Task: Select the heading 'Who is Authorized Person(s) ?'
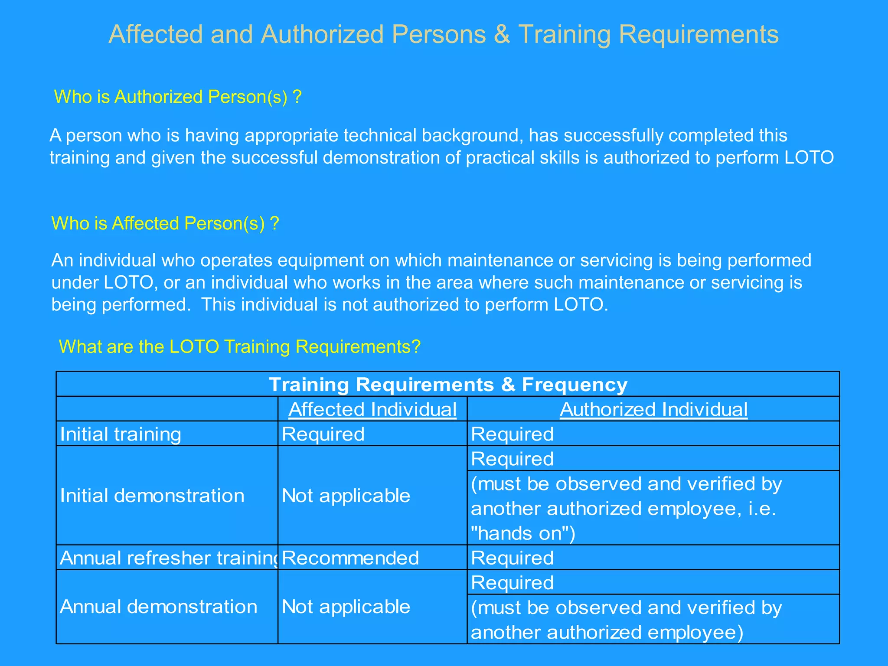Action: click(x=177, y=97)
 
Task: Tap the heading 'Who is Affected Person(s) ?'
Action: click(x=165, y=223)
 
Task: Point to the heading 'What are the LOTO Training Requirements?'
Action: click(x=240, y=347)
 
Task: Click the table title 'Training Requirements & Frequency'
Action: click(x=448, y=385)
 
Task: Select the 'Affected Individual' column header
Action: click(x=372, y=409)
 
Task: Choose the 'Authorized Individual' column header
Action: click(x=653, y=409)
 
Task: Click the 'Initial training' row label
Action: click(x=121, y=434)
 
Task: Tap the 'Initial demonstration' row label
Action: click(x=152, y=496)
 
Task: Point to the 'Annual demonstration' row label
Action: click(x=159, y=607)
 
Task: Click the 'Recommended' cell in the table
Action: click(x=350, y=558)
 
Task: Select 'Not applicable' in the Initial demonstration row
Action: click(x=346, y=496)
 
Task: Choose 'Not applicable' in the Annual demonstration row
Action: click(x=346, y=607)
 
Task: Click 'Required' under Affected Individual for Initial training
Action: click(x=323, y=434)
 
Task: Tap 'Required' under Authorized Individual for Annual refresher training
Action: click(x=512, y=558)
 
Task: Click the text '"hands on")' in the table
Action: click(x=523, y=533)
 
